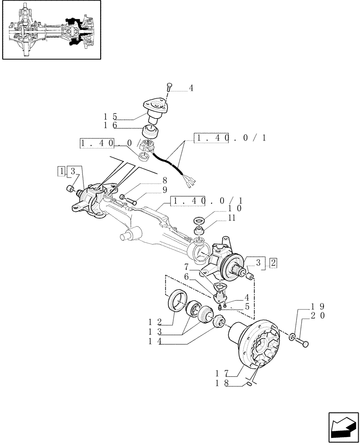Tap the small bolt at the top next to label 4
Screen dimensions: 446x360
tap(169, 86)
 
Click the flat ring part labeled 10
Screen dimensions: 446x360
tap(199, 220)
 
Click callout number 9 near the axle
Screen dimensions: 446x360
tap(152, 190)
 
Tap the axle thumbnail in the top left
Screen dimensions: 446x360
tap(52, 30)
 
